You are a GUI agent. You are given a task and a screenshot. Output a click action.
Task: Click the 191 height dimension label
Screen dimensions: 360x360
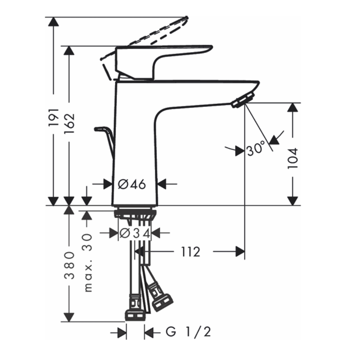click(54, 116)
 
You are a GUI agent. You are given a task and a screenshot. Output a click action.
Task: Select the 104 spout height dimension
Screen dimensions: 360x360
click(293, 158)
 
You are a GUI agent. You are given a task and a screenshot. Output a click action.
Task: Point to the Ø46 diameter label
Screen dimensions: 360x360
click(132, 184)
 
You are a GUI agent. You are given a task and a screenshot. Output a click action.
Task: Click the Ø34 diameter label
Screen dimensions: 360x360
click(134, 233)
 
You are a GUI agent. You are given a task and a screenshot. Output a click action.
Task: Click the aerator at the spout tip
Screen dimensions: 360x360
click(243, 100)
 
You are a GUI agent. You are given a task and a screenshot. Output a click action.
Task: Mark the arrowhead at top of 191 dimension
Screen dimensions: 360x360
click(54, 22)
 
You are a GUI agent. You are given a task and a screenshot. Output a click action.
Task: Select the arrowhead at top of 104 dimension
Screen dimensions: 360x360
click(293, 107)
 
